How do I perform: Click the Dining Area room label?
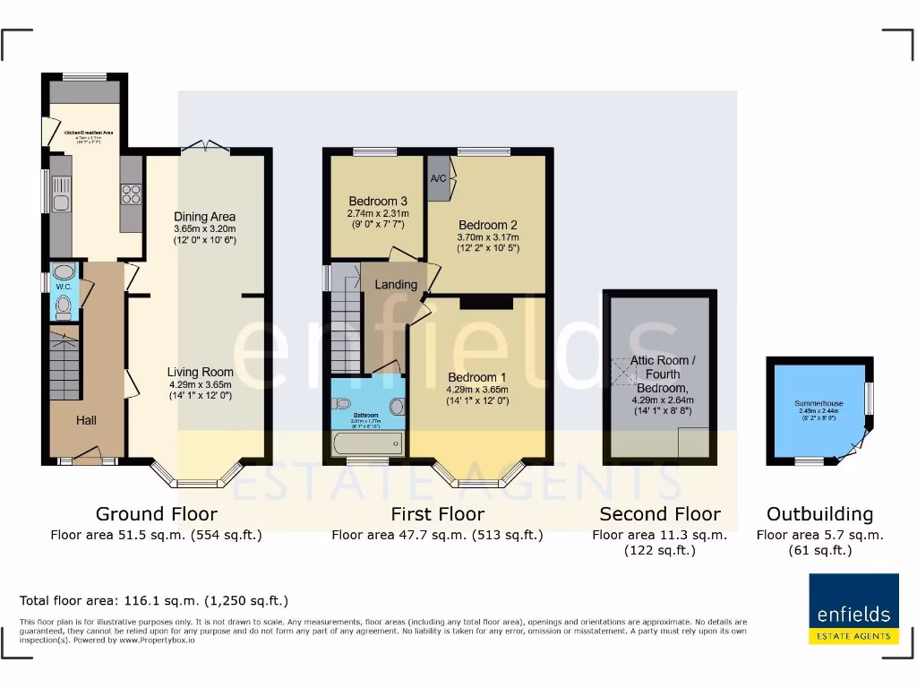(x=205, y=217)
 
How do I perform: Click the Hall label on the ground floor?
(x=86, y=420)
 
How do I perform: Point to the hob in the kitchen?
(x=131, y=194)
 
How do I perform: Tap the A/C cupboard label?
(x=439, y=178)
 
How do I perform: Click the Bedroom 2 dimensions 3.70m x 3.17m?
(x=488, y=237)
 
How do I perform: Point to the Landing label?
(x=396, y=285)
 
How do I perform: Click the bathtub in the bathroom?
(x=367, y=444)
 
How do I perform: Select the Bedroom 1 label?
(x=476, y=377)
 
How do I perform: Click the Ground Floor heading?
(x=156, y=514)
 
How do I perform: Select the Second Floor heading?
(x=659, y=514)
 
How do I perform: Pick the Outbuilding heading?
(x=819, y=514)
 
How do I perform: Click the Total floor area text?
(x=154, y=600)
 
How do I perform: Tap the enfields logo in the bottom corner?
(x=853, y=609)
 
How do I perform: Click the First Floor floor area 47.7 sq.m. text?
(x=437, y=535)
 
